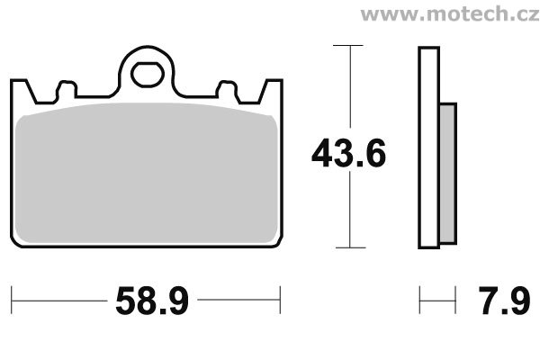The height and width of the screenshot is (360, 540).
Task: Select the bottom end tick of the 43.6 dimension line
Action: [347, 247]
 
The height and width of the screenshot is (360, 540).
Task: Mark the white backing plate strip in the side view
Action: [427, 148]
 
